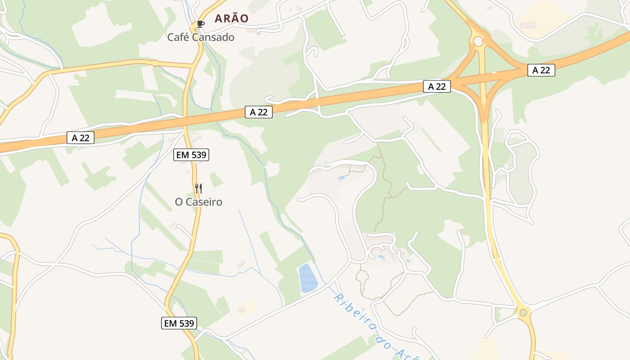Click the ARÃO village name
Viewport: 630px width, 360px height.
pyautogui.click(x=231, y=18)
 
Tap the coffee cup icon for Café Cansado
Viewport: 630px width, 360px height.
pyautogui.click(x=200, y=24)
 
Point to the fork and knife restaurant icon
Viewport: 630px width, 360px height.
pyautogui.click(x=198, y=188)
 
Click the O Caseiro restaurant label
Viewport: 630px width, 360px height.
pyautogui.click(x=198, y=202)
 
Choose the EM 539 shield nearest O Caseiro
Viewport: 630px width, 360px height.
pyautogui.click(x=191, y=155)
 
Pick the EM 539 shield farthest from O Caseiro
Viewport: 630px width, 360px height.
pyautogui.click(x=179, y=323)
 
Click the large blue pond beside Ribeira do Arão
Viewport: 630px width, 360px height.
pyautogui.click(x=308, y=278)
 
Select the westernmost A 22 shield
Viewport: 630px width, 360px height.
pyautogui.click(x=81, y=138)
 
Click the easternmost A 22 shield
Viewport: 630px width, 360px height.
pyautogui.click(x=541, y=70)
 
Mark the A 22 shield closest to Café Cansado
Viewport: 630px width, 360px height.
pyautogui.click(x=259, y=112)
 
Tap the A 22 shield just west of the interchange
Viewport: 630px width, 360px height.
pyautogui.click(x=436, y=86)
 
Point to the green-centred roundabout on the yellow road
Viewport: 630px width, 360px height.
pyautogui.click(x=523, y=312)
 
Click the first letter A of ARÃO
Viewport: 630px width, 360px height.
pyautogui.click(x=218, y=18)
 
